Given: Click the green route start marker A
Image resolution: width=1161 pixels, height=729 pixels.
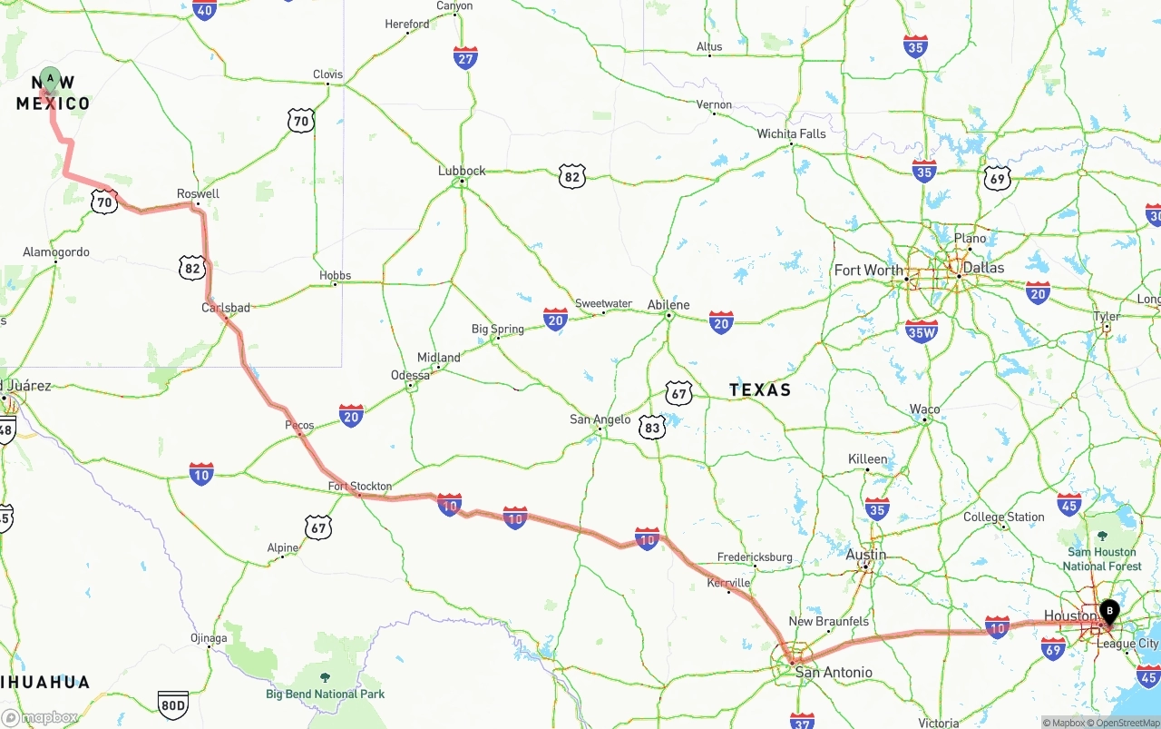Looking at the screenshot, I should coord(50,80).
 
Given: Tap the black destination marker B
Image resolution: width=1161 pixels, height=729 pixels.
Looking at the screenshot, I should coord(1108,611).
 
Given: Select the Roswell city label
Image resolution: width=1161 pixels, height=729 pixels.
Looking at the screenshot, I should coord(198,193).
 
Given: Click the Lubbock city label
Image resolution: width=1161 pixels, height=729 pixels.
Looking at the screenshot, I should coord(462,170).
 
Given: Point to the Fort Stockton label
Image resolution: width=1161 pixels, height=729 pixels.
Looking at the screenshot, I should coord(360,487).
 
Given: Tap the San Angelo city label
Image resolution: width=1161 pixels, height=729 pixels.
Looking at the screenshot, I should coord(600,419).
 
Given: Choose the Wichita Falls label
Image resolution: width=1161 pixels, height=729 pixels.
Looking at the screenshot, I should coord(792,133).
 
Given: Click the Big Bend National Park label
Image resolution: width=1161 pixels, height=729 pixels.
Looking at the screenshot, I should coord(325,694).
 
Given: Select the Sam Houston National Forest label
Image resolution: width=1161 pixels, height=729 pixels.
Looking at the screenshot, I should coord(1102,558).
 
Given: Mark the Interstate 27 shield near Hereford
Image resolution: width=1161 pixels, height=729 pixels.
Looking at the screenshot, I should coord(465,58).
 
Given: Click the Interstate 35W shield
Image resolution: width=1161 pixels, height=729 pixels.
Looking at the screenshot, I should coord(922,331).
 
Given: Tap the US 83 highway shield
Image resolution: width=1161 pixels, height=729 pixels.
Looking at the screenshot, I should coord(651,427).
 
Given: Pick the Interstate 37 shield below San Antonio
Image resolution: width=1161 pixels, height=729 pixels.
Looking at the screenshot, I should coord(802,720).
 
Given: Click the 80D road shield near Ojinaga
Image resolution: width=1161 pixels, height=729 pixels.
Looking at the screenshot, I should coord(172,703).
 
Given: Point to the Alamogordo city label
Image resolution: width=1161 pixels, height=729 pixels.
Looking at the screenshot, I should coord(56,251).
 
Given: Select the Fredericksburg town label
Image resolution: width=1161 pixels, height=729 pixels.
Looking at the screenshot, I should coord(755,557).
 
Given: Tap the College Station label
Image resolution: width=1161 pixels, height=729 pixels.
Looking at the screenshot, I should coord(1004,517).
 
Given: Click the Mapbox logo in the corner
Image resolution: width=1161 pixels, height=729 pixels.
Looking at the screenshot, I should coord(40,717).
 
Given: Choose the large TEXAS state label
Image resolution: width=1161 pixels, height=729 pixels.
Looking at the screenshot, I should coord(760,389).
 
